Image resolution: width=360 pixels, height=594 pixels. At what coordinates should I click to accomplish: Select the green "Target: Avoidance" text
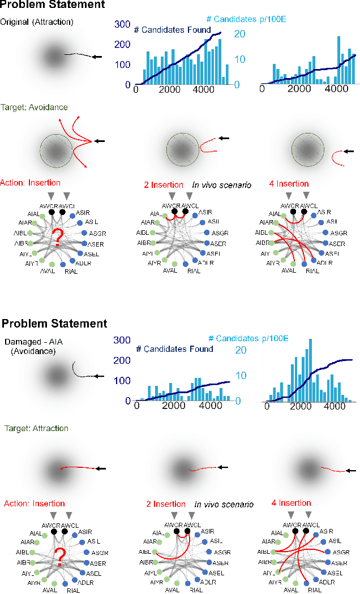tap(34, 107)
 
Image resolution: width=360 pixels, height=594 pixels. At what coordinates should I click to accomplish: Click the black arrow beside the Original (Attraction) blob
tap(98, 57)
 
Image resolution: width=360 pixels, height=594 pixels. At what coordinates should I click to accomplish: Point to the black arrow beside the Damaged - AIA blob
tap(98, 376)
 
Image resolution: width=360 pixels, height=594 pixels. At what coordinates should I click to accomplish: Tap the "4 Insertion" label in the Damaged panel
tap(290, 502)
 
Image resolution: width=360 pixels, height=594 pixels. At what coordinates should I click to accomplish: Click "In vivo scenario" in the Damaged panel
tap(224, 504)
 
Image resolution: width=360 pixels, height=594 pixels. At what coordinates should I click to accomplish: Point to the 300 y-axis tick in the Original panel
tap(122, 25)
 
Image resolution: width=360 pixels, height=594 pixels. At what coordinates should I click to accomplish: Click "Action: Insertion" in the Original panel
tap(30, 183)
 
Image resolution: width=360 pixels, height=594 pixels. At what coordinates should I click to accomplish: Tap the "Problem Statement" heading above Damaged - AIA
tap(54, 324)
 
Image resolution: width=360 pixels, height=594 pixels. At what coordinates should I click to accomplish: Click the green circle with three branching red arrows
tap(56, 149)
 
